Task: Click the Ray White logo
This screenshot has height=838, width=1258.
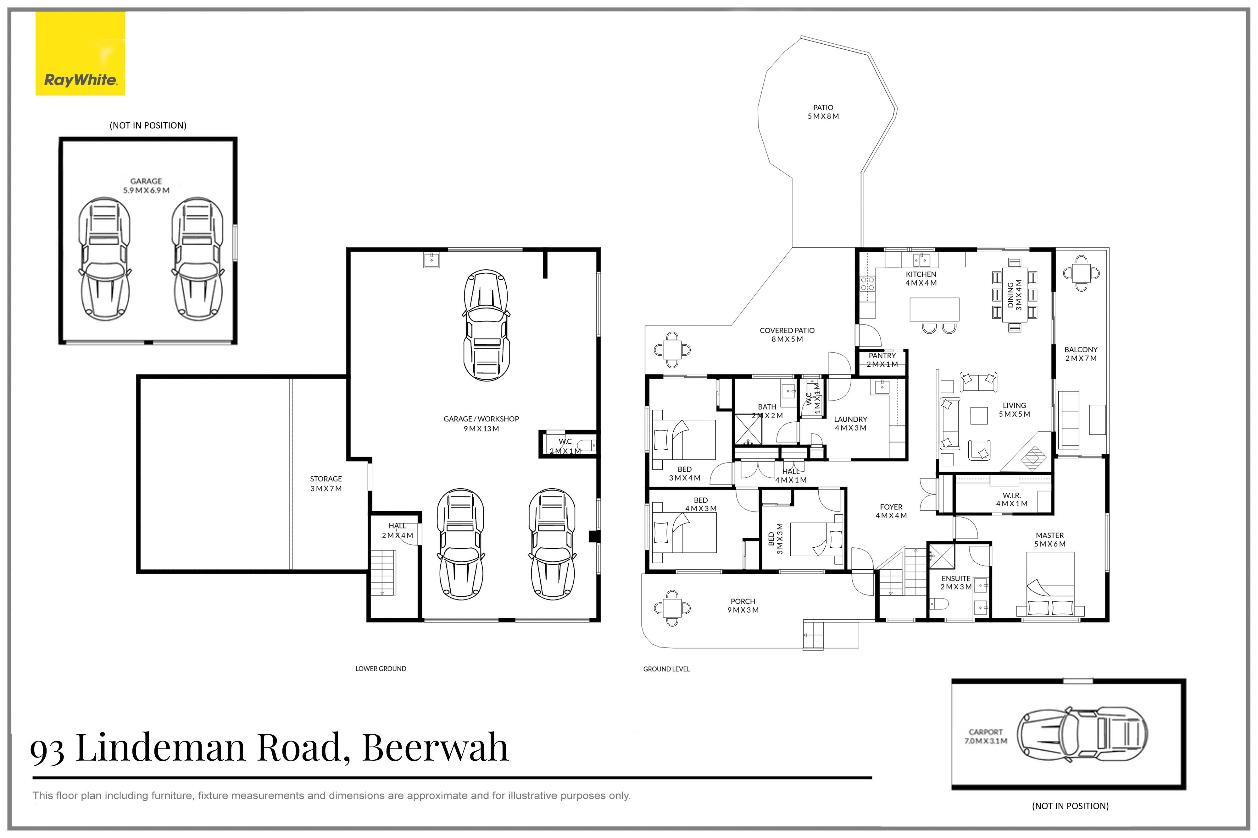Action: point(80,53)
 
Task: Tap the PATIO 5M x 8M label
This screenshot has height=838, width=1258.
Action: point(823,112)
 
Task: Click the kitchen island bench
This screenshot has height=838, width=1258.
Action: point(934,309)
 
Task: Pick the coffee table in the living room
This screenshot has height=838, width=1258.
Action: point(979,416)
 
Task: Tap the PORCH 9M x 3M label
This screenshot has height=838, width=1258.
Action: point(743,605)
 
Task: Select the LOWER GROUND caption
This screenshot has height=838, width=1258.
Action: point(381,669)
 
